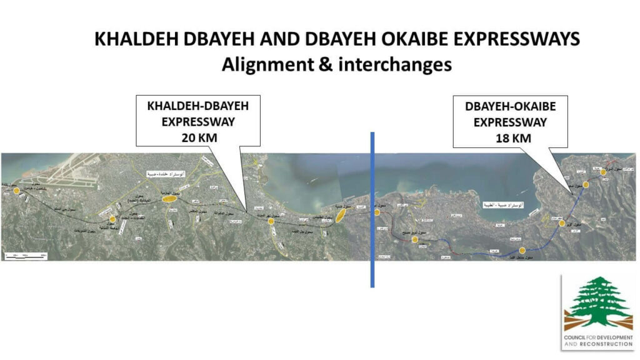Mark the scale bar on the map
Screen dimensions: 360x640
25,255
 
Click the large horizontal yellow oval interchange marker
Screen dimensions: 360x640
168,199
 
